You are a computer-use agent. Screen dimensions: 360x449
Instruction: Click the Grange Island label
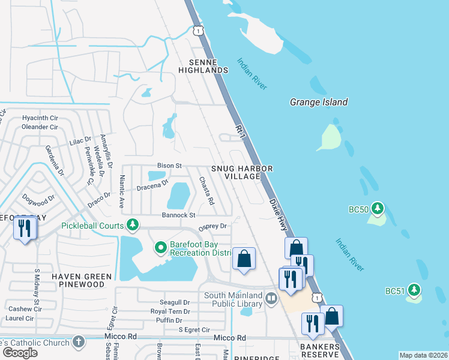click(x=319, y=102)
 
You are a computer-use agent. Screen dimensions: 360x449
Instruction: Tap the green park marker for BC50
click(x=378, y=209)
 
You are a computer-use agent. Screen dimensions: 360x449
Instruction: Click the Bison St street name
click(x=169, y=166)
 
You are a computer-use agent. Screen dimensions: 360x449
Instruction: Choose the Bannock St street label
click(x=178, y=215)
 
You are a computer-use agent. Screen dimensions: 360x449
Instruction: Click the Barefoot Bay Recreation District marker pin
click(x=160, y=247)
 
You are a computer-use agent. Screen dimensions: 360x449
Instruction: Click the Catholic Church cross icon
click(x=77, y=341)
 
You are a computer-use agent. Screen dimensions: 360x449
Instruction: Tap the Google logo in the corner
click(x=20, y=353)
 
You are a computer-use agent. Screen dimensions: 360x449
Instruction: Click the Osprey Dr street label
click(x=212, y=226)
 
